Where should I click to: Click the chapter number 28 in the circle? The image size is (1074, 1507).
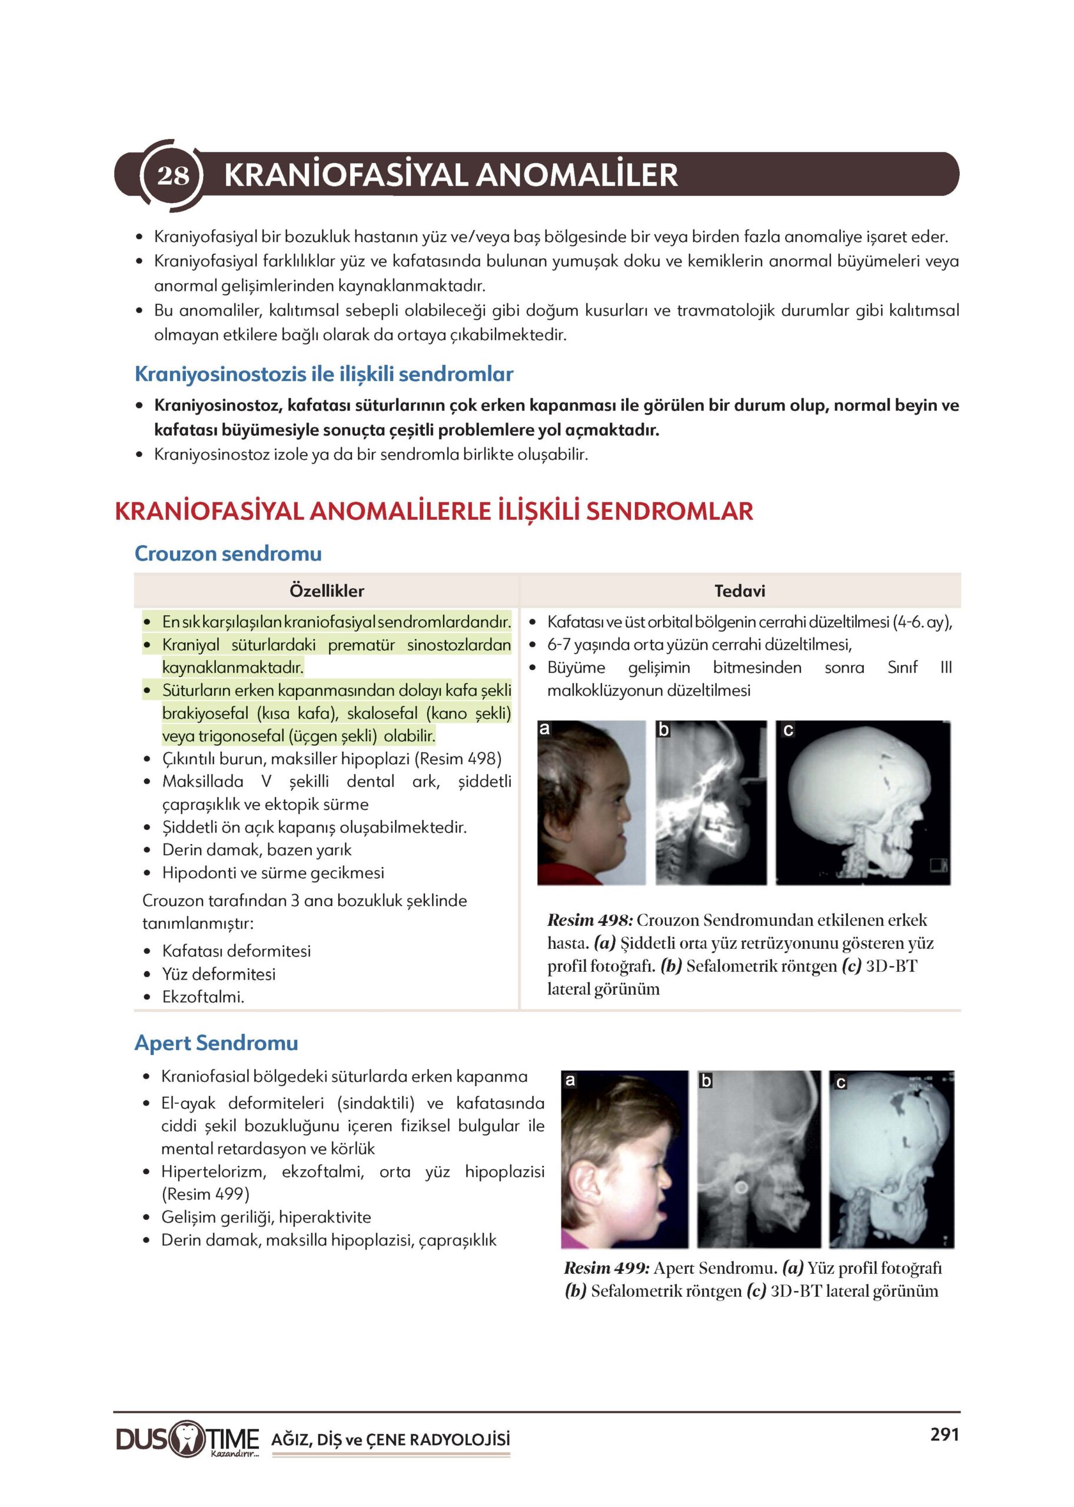tap(172, 175)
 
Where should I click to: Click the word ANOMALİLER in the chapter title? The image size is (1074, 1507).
tap(577, 175)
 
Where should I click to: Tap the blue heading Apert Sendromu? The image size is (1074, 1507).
tap(216, 1043)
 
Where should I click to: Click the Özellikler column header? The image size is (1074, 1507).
tap(327, 591)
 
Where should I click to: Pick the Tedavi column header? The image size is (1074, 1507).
tap(739, 591)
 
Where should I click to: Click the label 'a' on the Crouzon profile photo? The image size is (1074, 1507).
tap(545, 729)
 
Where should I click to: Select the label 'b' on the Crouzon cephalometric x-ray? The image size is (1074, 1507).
tap(664, 730)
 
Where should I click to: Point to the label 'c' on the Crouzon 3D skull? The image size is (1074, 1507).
tap(787, 731)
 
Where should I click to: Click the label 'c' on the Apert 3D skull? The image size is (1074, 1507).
tap(840, 1083)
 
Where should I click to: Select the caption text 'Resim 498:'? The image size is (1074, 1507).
tap(590, 920)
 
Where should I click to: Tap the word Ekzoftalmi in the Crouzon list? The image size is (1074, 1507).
tap(202, 997)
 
